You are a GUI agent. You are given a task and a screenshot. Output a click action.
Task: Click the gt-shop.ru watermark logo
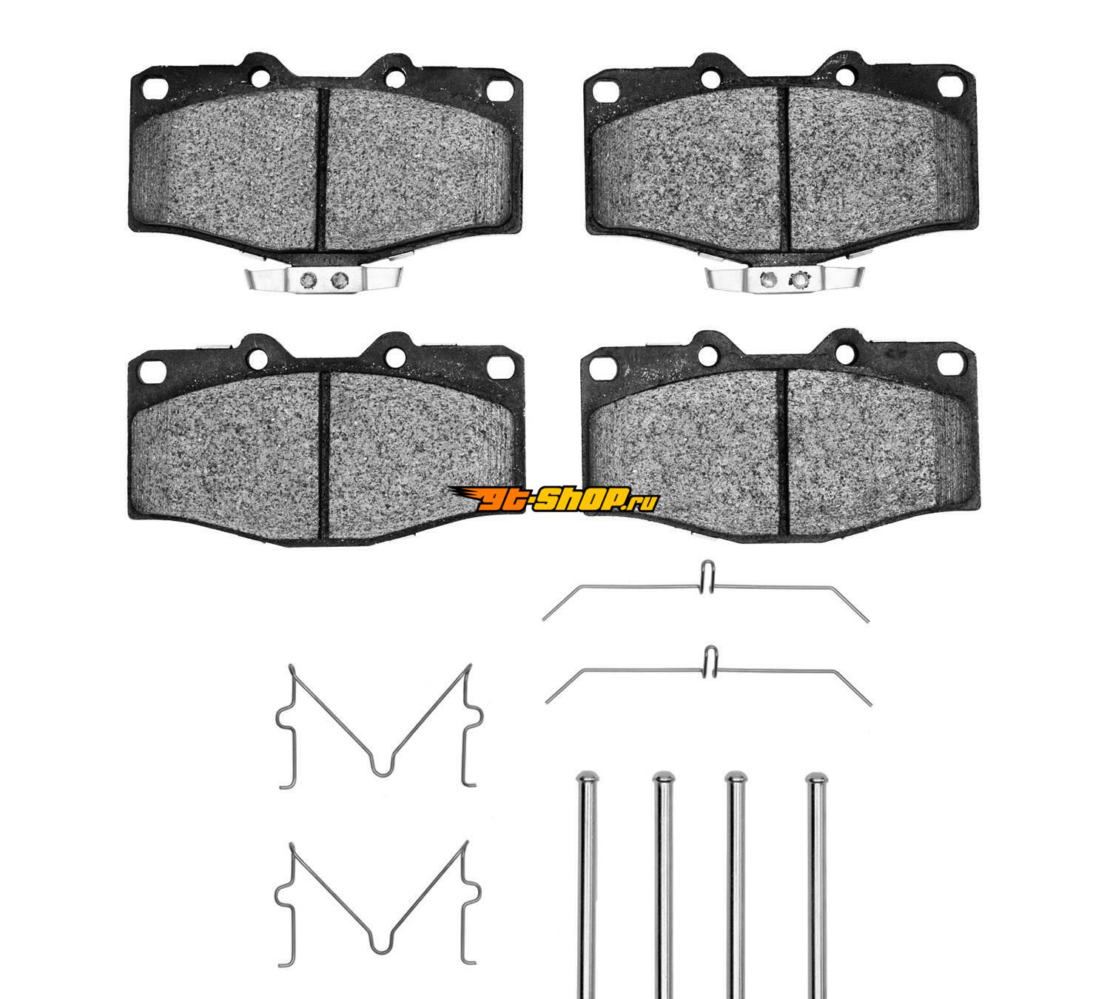tap(554, 499)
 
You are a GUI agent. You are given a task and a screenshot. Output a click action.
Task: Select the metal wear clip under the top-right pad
tap(784, 279)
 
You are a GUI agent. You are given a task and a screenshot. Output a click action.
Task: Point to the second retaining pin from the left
tap(664, 885)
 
